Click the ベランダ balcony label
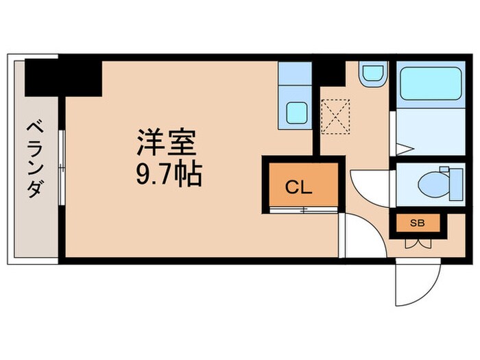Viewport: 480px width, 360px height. [x=35, y=160]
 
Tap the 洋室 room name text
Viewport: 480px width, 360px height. [x=167, y=142]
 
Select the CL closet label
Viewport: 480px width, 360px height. [x=298, y=187]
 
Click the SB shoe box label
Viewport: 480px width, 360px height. [x=418, y=223]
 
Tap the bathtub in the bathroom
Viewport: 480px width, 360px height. [x=431, y=84]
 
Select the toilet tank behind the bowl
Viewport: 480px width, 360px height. [x=456, y=184]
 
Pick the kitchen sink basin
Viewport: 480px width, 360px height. [x=297, y=113]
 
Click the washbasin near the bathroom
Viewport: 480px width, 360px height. [x=373, y=74]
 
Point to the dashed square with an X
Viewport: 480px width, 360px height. [x=335, y=117]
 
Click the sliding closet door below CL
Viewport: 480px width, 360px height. [x=304, y=210]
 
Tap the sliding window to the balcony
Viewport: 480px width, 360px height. [x=62, y=167]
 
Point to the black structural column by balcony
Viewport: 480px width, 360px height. [x=63, y=77]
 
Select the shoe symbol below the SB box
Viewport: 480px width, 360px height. [x=418, y=243]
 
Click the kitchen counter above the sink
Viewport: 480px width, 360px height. [x=295, y=74]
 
